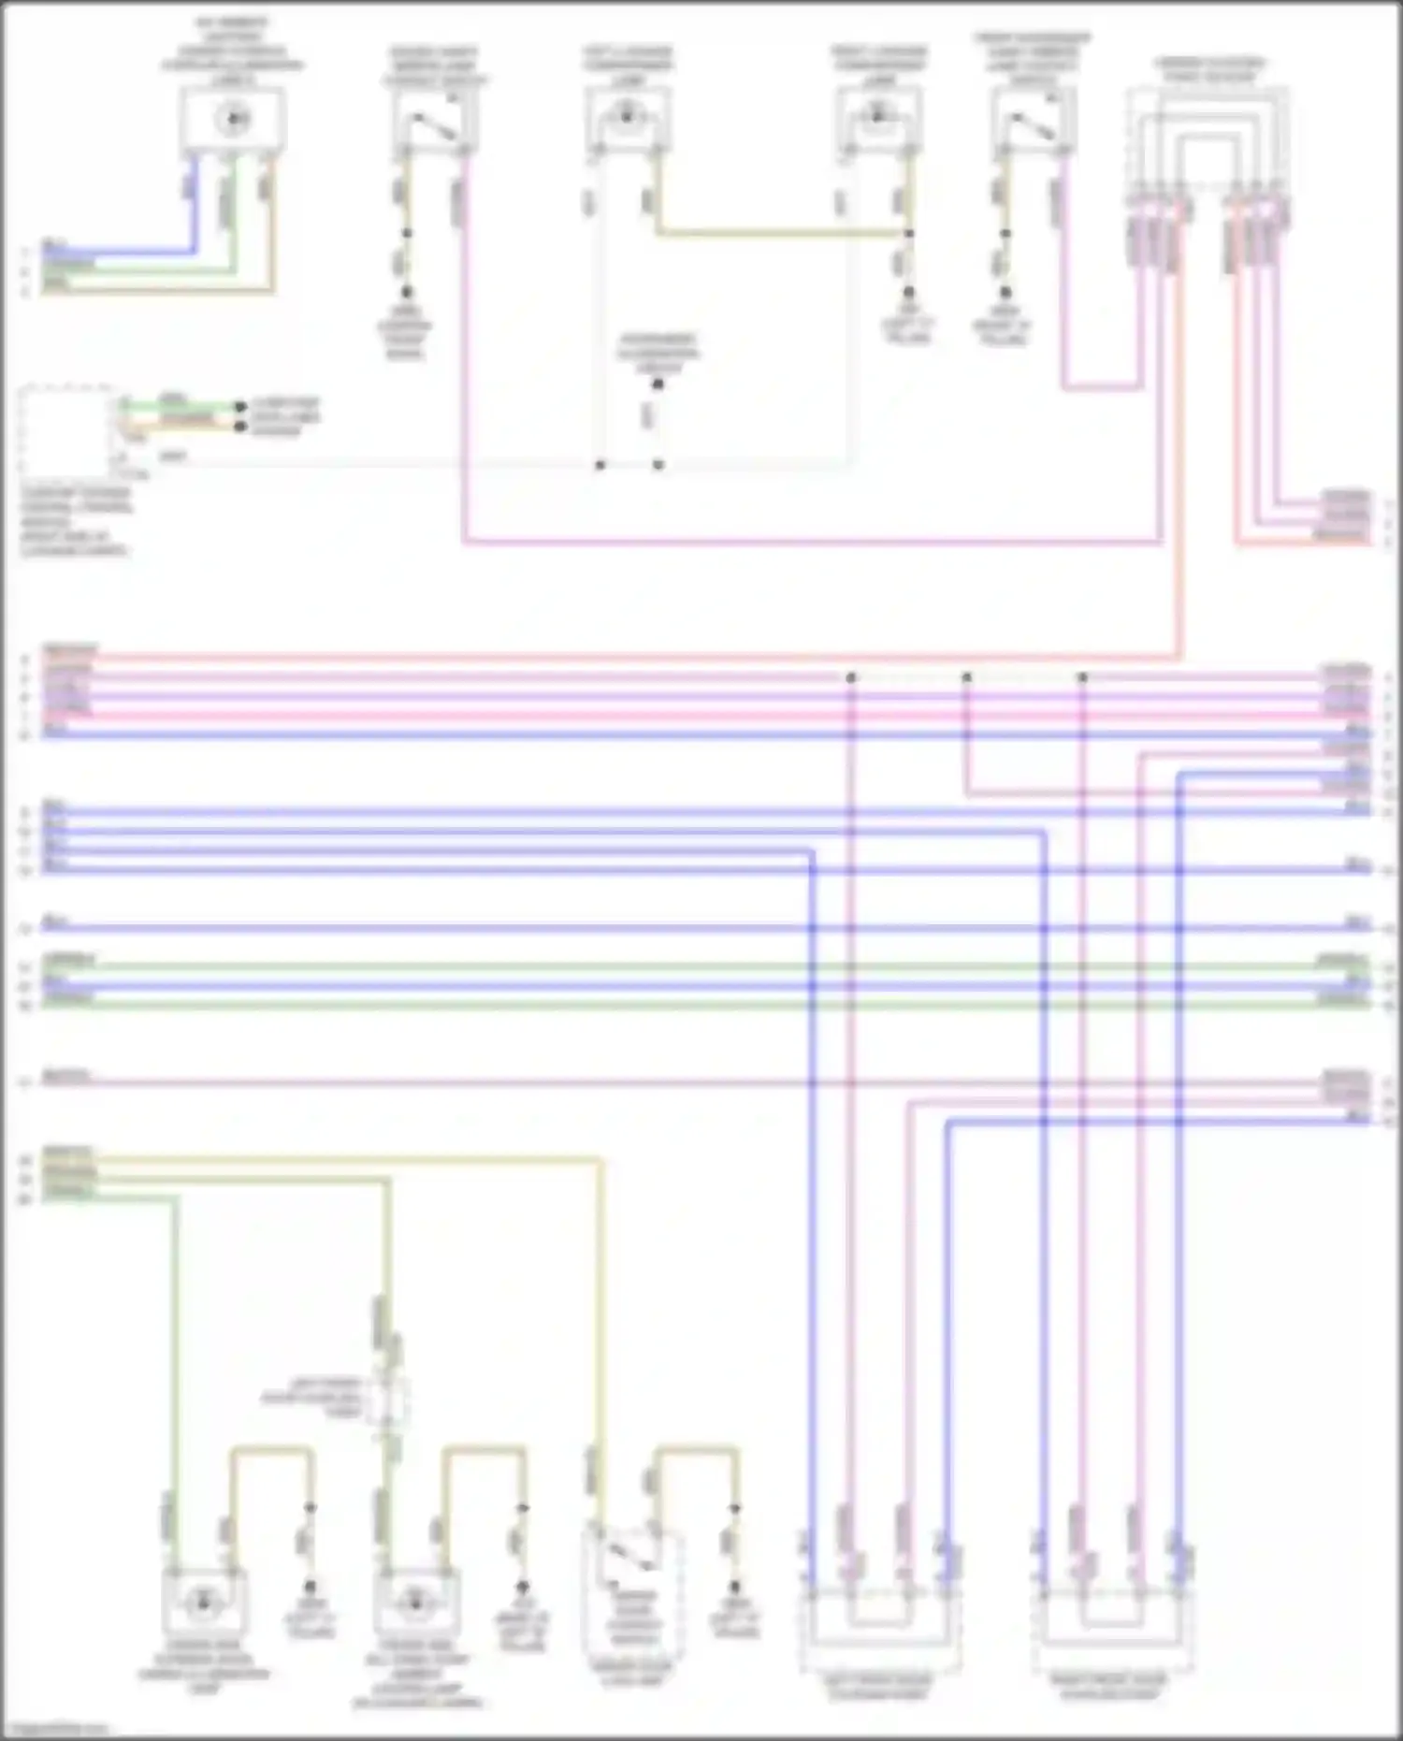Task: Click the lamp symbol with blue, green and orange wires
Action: [x=232, y=120]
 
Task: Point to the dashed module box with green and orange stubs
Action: [x=65, y=430]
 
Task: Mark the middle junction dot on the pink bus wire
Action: [x=966, y=676]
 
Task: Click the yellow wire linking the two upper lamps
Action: [x=781, y=233]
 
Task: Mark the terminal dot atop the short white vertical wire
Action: [x=658, y=384]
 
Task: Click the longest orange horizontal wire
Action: [x=608, y=658]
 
